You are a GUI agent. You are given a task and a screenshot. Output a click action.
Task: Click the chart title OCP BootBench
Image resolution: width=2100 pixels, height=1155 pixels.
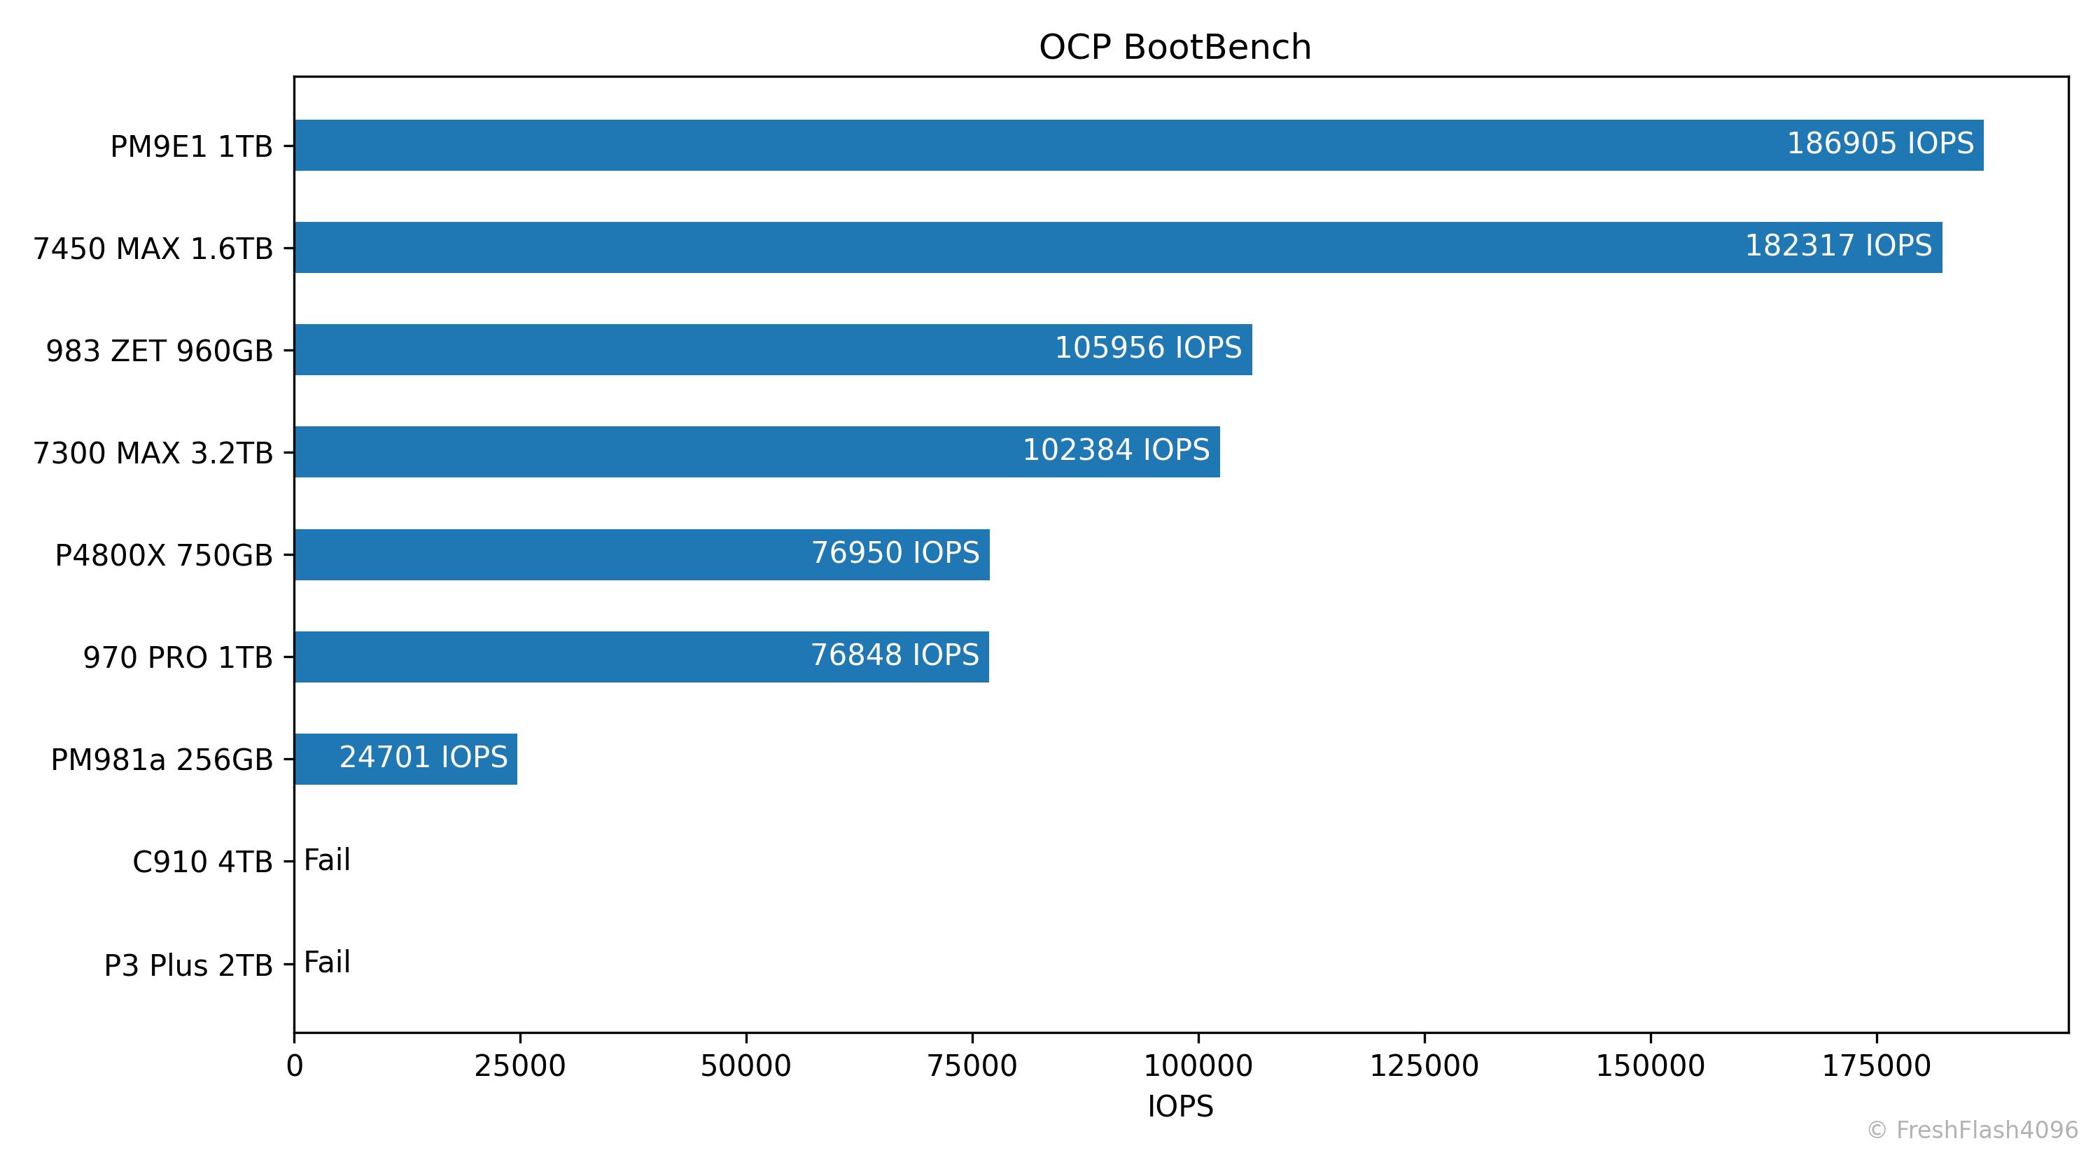tap(1175, 48)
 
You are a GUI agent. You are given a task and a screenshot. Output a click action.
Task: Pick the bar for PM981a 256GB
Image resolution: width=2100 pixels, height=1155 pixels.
tap(405, 759)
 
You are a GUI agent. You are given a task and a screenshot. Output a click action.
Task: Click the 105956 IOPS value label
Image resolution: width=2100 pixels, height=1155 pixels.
tap(1148, 348)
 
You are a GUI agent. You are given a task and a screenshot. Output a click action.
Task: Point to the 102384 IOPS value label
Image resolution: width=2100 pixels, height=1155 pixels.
tap(1116, 450)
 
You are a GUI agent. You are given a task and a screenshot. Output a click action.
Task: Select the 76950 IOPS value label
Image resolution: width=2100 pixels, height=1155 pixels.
tap(895, 552)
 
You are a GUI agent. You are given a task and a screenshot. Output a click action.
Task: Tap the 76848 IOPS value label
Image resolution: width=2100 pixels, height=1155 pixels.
tap(895, 655)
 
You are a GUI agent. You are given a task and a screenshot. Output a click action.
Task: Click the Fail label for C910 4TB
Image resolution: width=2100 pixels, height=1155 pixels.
tap(327, 860)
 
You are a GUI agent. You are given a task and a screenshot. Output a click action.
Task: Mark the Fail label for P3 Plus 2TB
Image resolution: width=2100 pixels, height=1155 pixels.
tap(327, 962)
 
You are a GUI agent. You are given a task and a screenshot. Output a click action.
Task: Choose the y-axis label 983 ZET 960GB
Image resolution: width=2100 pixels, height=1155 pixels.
tap(159, 351)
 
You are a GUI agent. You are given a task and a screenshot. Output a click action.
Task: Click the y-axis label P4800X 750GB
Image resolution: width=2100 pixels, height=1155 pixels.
tap(163, 555)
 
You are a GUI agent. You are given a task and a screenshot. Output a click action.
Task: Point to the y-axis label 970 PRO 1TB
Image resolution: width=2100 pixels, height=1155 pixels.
tap(178, 657)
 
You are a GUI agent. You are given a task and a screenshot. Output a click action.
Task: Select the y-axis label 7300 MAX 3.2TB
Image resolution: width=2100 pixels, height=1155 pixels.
tap(153, 453)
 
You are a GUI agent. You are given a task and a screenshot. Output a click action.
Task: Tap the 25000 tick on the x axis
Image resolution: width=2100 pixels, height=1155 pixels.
tap(520, 1066)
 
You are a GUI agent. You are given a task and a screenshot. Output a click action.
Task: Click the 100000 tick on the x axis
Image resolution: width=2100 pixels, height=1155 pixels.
tap(1198, 1066)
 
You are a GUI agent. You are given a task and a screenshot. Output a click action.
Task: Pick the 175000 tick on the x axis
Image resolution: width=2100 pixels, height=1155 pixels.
tap(1877, 1066)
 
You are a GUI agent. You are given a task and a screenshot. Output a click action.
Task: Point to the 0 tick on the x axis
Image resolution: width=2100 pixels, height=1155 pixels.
tap(294, 1066)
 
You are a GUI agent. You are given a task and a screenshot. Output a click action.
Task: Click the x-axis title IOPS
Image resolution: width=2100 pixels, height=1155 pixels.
tap(1180, 1106)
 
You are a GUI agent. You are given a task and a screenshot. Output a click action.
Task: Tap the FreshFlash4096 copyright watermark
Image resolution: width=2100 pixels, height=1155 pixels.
tap(1972, 1130)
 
